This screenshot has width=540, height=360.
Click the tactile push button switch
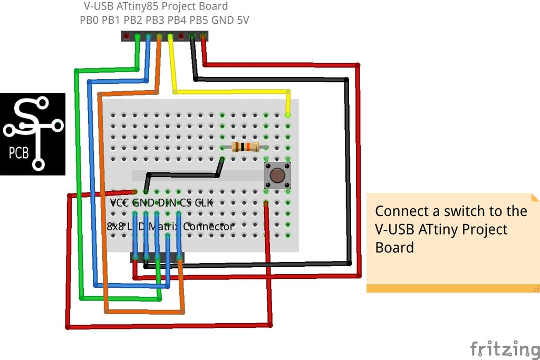coord(277,175)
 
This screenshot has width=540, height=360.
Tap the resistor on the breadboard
coord(245,147)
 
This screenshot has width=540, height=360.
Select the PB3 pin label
coord(155,21)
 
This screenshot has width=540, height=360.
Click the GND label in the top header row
coord(221,21)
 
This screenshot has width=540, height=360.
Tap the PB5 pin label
coord(198,21)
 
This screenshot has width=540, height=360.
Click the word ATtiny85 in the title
coord(137,7)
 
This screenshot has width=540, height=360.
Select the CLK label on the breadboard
coord(204,203)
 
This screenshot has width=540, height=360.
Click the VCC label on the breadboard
coord(120,203)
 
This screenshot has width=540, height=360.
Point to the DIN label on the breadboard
coord(167,203)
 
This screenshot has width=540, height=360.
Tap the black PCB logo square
coord(33,134)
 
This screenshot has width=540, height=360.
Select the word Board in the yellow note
coord(394,247)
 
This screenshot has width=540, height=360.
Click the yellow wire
coord(232,92)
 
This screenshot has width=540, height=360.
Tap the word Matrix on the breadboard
coord(165,227)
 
